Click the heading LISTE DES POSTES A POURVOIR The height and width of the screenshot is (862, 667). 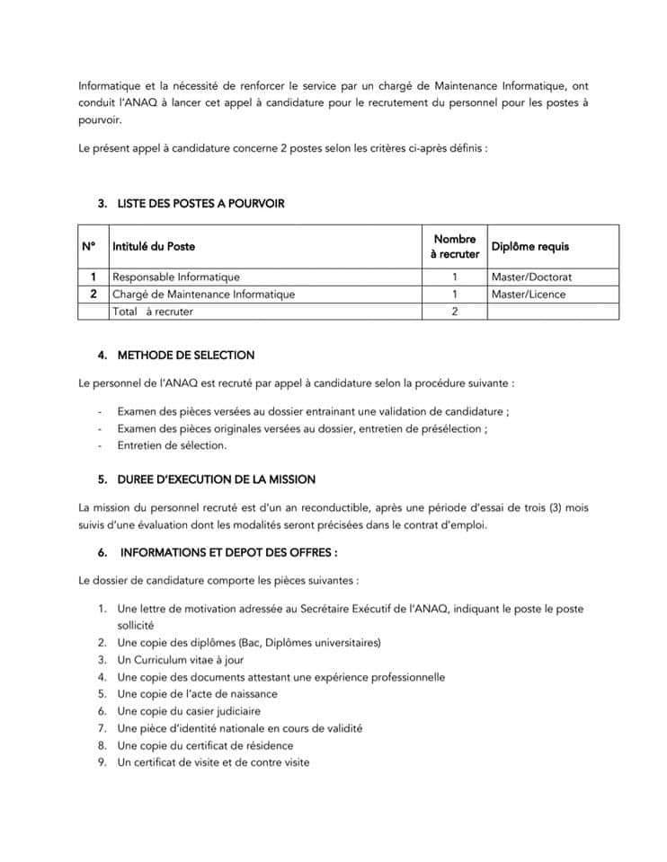200,204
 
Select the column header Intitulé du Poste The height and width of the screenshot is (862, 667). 154,246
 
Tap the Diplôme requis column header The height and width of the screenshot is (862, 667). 529,246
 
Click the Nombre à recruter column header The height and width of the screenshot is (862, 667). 454,247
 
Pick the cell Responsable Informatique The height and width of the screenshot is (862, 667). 176,277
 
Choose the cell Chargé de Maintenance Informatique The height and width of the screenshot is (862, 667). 203,294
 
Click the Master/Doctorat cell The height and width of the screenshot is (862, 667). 531,277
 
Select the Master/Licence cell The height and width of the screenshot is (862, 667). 529,294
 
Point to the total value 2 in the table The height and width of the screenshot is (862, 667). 455,311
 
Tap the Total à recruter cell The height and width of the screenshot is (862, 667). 153,311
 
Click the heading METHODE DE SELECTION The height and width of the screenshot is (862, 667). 186,355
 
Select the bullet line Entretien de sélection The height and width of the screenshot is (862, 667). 172,444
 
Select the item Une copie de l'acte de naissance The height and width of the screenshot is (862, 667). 197,694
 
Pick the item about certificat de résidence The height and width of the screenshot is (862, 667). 205,745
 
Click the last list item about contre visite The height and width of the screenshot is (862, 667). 213,762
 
